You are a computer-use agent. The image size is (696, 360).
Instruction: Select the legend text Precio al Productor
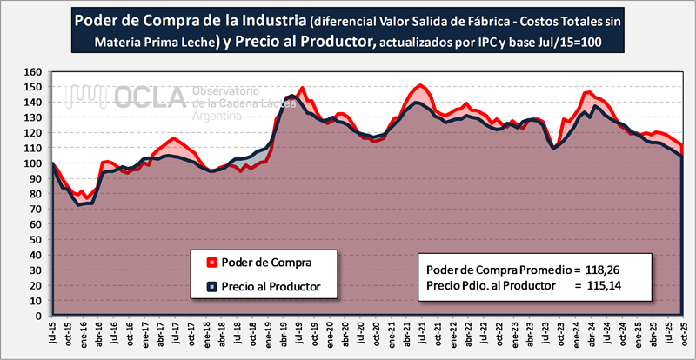tap(271, 286)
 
